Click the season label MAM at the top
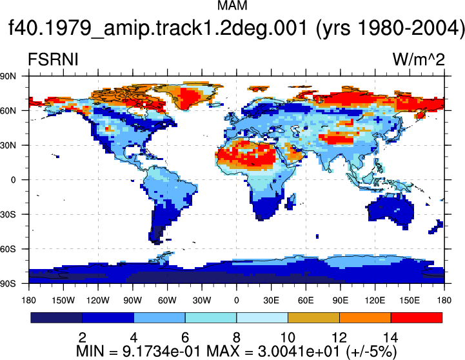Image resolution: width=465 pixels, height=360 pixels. point(232,5)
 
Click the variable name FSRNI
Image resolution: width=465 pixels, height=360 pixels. point(53,59)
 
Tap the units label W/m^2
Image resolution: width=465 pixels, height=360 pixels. point(419,59)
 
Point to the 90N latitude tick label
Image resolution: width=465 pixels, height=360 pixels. point(8,76)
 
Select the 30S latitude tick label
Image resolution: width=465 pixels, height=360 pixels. point(8,214)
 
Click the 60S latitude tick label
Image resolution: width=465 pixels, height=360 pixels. point(8,249)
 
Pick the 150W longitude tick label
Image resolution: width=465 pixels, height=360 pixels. point(63,301)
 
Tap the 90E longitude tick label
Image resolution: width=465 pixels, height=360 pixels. point(340,301)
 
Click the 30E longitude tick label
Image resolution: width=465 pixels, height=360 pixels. point(271,301)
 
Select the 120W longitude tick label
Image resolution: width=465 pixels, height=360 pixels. point(98,301)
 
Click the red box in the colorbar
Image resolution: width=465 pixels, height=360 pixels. point(417,317)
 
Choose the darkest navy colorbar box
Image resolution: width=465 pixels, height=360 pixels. point(56,317)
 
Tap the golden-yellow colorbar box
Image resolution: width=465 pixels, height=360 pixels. point(313,317)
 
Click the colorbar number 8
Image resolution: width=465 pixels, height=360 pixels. point(236,337)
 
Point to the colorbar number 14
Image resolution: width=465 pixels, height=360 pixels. point(391,337)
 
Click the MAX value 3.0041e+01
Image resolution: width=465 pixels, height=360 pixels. point(299,352)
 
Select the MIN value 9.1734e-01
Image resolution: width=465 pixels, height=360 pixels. point(163,352)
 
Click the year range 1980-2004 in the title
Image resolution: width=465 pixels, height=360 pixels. point(410,28)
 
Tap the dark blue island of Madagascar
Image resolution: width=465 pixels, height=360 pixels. point(292,201)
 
